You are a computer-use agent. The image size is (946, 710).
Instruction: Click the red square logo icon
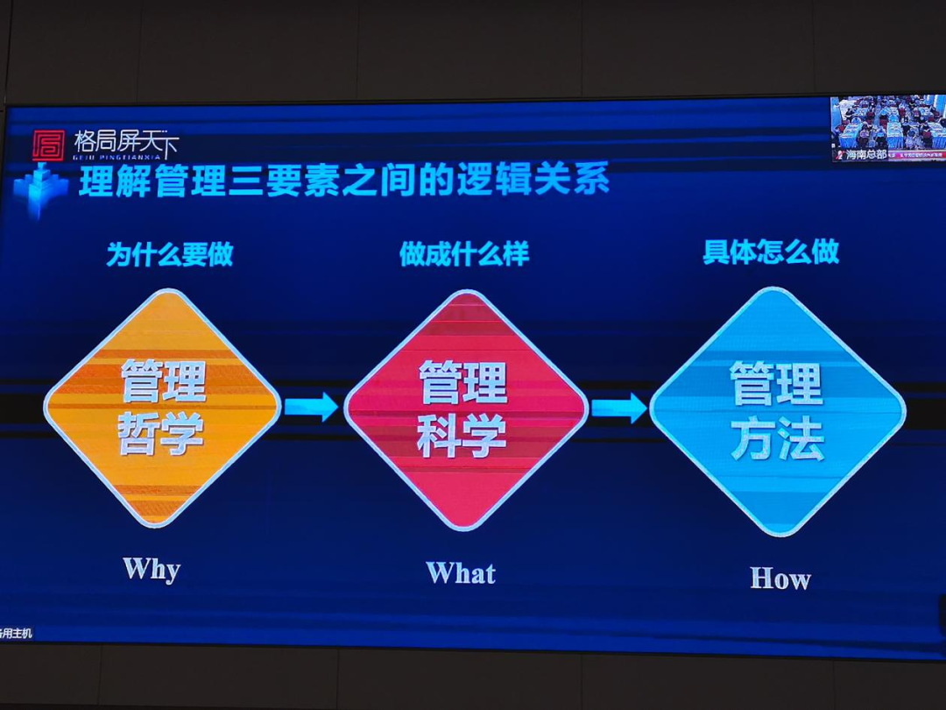click(48, 145)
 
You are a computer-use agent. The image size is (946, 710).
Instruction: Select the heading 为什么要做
click(170, 254)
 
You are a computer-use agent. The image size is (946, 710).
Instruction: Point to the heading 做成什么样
click(464, 254)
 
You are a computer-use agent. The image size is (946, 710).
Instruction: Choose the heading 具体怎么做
click(771, 252)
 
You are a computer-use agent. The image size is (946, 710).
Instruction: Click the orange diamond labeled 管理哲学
click(163, 407)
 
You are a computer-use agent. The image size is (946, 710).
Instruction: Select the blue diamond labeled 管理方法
click(777, 410)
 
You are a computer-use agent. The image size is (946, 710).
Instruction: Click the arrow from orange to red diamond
click(311, 407)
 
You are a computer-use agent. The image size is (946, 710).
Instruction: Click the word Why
click(152, 569)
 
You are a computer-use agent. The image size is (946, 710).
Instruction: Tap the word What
click(461, 573)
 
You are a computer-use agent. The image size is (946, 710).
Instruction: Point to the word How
click(780, 579)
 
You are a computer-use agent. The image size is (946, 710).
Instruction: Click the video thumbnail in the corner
click(887, 128)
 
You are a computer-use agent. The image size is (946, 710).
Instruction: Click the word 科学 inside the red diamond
click(462, 436)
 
